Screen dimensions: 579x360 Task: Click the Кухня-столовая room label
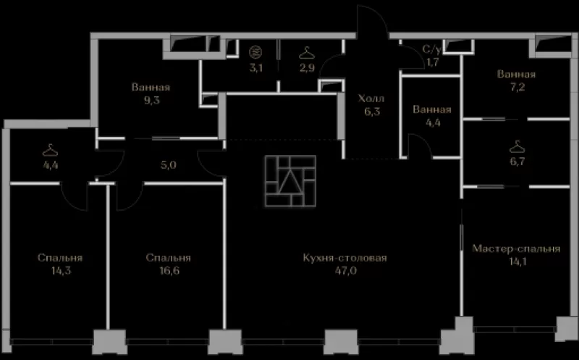[345, 258]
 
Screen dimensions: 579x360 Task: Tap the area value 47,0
[346, 271]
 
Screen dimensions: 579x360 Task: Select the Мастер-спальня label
[516, 248]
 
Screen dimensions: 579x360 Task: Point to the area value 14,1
[517, 261]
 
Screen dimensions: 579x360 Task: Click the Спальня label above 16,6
[168, 258]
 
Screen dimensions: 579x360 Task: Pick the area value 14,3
[61, 271]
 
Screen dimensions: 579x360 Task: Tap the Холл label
[371, 99]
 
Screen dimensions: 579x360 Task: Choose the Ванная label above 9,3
[151, 88]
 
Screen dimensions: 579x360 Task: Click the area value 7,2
[516, 87]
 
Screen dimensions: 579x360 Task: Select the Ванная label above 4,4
[432, 110]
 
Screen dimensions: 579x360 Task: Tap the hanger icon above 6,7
[517, 147]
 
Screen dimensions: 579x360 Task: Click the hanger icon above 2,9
[307, 53]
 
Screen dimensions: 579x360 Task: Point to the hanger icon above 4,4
[50, 150]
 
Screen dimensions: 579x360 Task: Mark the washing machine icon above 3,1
[255, 51]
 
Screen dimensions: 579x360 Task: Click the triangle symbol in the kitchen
[290, 181]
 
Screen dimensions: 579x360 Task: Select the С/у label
[431, 49]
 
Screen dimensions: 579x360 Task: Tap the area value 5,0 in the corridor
[169, 165]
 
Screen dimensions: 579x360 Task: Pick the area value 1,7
[432, 62]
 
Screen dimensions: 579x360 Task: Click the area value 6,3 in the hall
[372, 112]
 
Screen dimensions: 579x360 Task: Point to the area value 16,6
[169, 271]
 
